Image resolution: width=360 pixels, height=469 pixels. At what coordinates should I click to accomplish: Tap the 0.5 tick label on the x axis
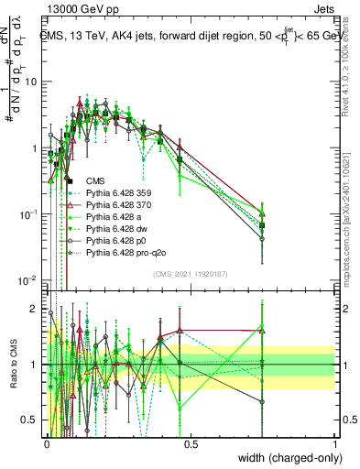point(191,443)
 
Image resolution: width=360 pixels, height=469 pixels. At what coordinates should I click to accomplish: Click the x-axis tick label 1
point(334,443)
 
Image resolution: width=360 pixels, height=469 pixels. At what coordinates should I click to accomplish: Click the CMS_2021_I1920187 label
point(190,275)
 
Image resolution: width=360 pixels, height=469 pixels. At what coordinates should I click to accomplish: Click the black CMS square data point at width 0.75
point(263,225)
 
